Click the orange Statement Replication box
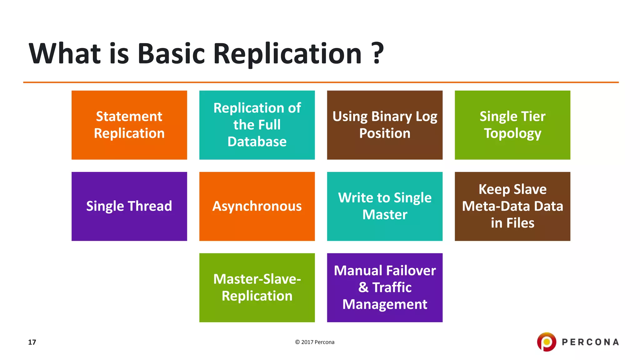coord(129,125)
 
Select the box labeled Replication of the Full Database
coord(257,125)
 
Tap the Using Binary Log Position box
coord(385,125)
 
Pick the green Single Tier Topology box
coord(512,125)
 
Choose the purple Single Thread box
coord(129,206)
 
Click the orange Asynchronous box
coord(257,206)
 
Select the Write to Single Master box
coord(385,206)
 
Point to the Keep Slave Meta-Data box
coord(512,206)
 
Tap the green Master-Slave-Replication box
coord(257,287)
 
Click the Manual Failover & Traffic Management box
coord(385,287)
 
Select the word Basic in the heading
coord(171,53)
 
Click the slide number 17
coord(32,342)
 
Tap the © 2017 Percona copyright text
coord(315,342)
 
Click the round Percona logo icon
coord(547,342)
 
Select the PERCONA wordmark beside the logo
coord(590,342)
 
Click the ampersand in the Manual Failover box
coord(363,287)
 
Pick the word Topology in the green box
coord(512,133)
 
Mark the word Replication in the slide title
coord(287,53)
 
